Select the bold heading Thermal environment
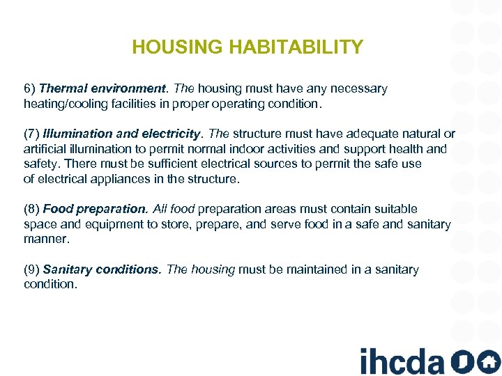click(103, 88)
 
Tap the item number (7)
click(31, 134)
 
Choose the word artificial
click(46, 148)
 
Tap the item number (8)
click(31, 209)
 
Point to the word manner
click(46, 239)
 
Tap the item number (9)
click(31, 269)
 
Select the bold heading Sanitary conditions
click(102, 269)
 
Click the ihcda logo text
click(402, 361)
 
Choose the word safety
click(42, 164)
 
